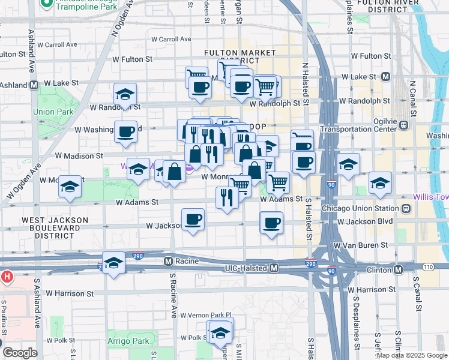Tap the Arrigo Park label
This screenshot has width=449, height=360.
pos(132,341)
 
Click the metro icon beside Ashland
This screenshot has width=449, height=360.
pos(34,85)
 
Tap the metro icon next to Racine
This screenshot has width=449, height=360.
pos(169,261)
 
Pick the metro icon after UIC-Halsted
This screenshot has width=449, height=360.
pos(274,268)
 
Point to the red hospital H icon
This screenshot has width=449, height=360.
pos(7,277)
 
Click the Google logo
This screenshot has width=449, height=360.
pos(19,352)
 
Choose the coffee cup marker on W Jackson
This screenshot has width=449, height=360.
pos(193,219)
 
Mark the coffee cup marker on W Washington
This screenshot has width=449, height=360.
pos(125,131)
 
